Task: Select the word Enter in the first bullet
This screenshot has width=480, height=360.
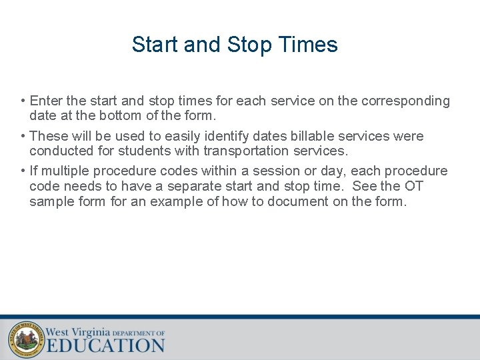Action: click(x=46, y=101)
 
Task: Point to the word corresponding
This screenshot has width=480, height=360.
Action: click(x=405, y=101)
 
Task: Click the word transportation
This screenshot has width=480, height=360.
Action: click(x=247, y=151)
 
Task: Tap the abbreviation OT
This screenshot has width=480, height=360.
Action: click(x=413, y=186)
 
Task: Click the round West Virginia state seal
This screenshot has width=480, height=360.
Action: click(x=26, y=339)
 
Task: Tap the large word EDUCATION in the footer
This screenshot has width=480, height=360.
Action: click(x=105, y=345)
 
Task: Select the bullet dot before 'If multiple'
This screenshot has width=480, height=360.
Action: click(x=23, y=171)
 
